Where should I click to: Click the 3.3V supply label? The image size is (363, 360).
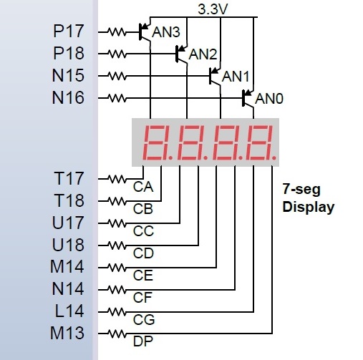coord(213,9)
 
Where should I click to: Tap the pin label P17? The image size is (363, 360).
coord(69,31)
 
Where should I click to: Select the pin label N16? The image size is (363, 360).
coord(68,98)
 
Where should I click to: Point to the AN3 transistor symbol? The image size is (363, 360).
coord(145,31)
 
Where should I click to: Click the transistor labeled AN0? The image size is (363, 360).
coord(248,98)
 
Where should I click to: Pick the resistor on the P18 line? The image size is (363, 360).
coord(117,54)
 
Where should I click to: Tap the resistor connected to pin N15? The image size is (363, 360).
coord(117,76)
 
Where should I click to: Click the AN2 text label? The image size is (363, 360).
coord(203,54)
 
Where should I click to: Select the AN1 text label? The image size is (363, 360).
coord(236,77)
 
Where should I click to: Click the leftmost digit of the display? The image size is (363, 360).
coord(154,142)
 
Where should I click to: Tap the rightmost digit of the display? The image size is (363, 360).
coord(260,142)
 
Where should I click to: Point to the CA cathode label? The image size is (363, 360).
coord(143,187)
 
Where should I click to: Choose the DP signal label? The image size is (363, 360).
coord(143,341)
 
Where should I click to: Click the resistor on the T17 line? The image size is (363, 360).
coord(117,179)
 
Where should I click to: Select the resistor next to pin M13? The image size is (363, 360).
coord(117,334)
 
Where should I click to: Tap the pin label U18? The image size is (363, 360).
coord(68,245)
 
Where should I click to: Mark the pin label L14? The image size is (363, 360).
coord(69,311)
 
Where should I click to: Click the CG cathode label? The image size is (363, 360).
coord(144,320)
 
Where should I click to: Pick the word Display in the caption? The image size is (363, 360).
coord(309,207)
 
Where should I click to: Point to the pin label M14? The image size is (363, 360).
coord(67,267)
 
